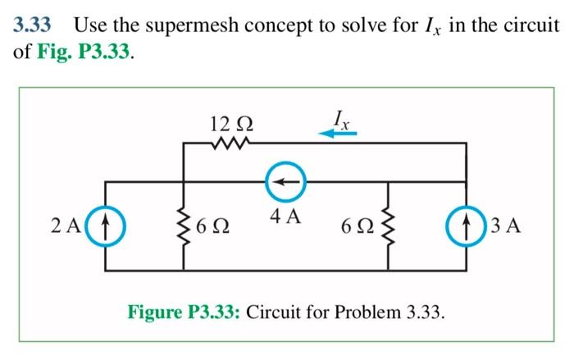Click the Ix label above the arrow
tap(340, 117)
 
